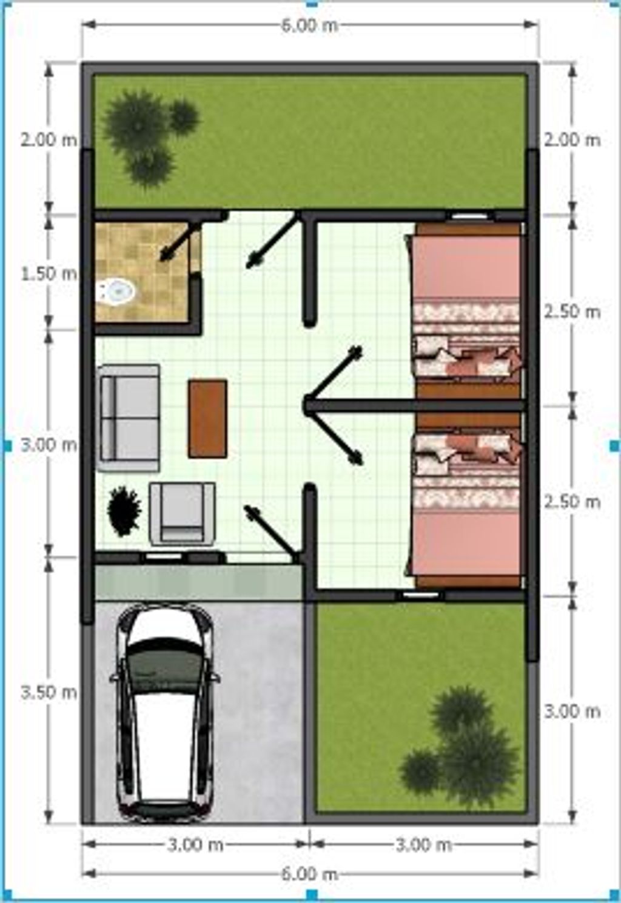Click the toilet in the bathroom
coord(115,291)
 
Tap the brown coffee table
coord(207,418)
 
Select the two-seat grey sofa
coord(129,418)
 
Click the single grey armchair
coord(182,513)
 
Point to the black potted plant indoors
coord(124,511)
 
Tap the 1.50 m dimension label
coord(49,274)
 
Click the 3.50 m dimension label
coord(49,692)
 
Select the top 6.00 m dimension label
coord(309,25)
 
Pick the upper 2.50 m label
coord(572,312)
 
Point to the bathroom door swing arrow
coord(180,242)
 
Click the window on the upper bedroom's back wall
coord(471,216)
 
